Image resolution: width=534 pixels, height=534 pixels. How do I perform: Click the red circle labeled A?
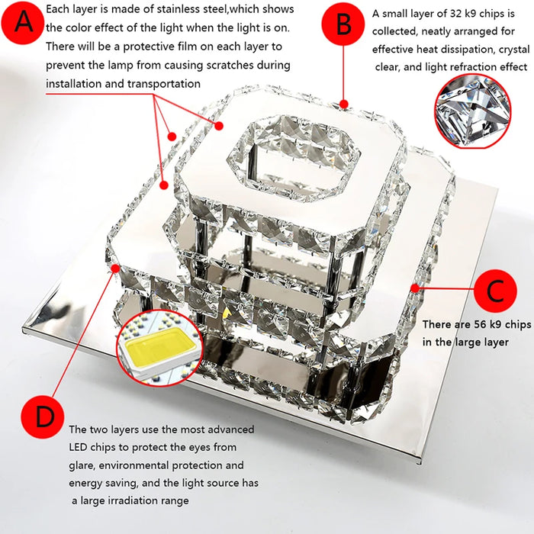pyautogui.click(x=23, y=22)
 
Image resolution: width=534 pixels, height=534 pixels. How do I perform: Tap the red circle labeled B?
pyautogui.click(x=343, y=24)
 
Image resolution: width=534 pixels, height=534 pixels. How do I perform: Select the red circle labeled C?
pyautogui.click(x=495, y=291)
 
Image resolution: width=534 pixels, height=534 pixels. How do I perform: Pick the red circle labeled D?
pyautogui.click(x=43, y=417)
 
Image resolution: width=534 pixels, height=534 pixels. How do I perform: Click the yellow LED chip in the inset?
pyautogui.click(x=160, y=346)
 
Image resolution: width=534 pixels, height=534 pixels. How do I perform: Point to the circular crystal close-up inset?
pyautogui.click(x=473, y=111)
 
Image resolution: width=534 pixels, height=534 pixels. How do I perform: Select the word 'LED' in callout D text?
pyautogui.click(x=78, y=447)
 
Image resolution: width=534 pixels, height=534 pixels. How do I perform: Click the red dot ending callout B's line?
pyautogui.click(x=344, y=104)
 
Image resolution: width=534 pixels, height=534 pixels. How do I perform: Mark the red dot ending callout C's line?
pyautogui.click(x=415, y=288)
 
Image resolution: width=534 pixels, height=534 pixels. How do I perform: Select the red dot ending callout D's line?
pyautogui.click(x=115, y=269)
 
